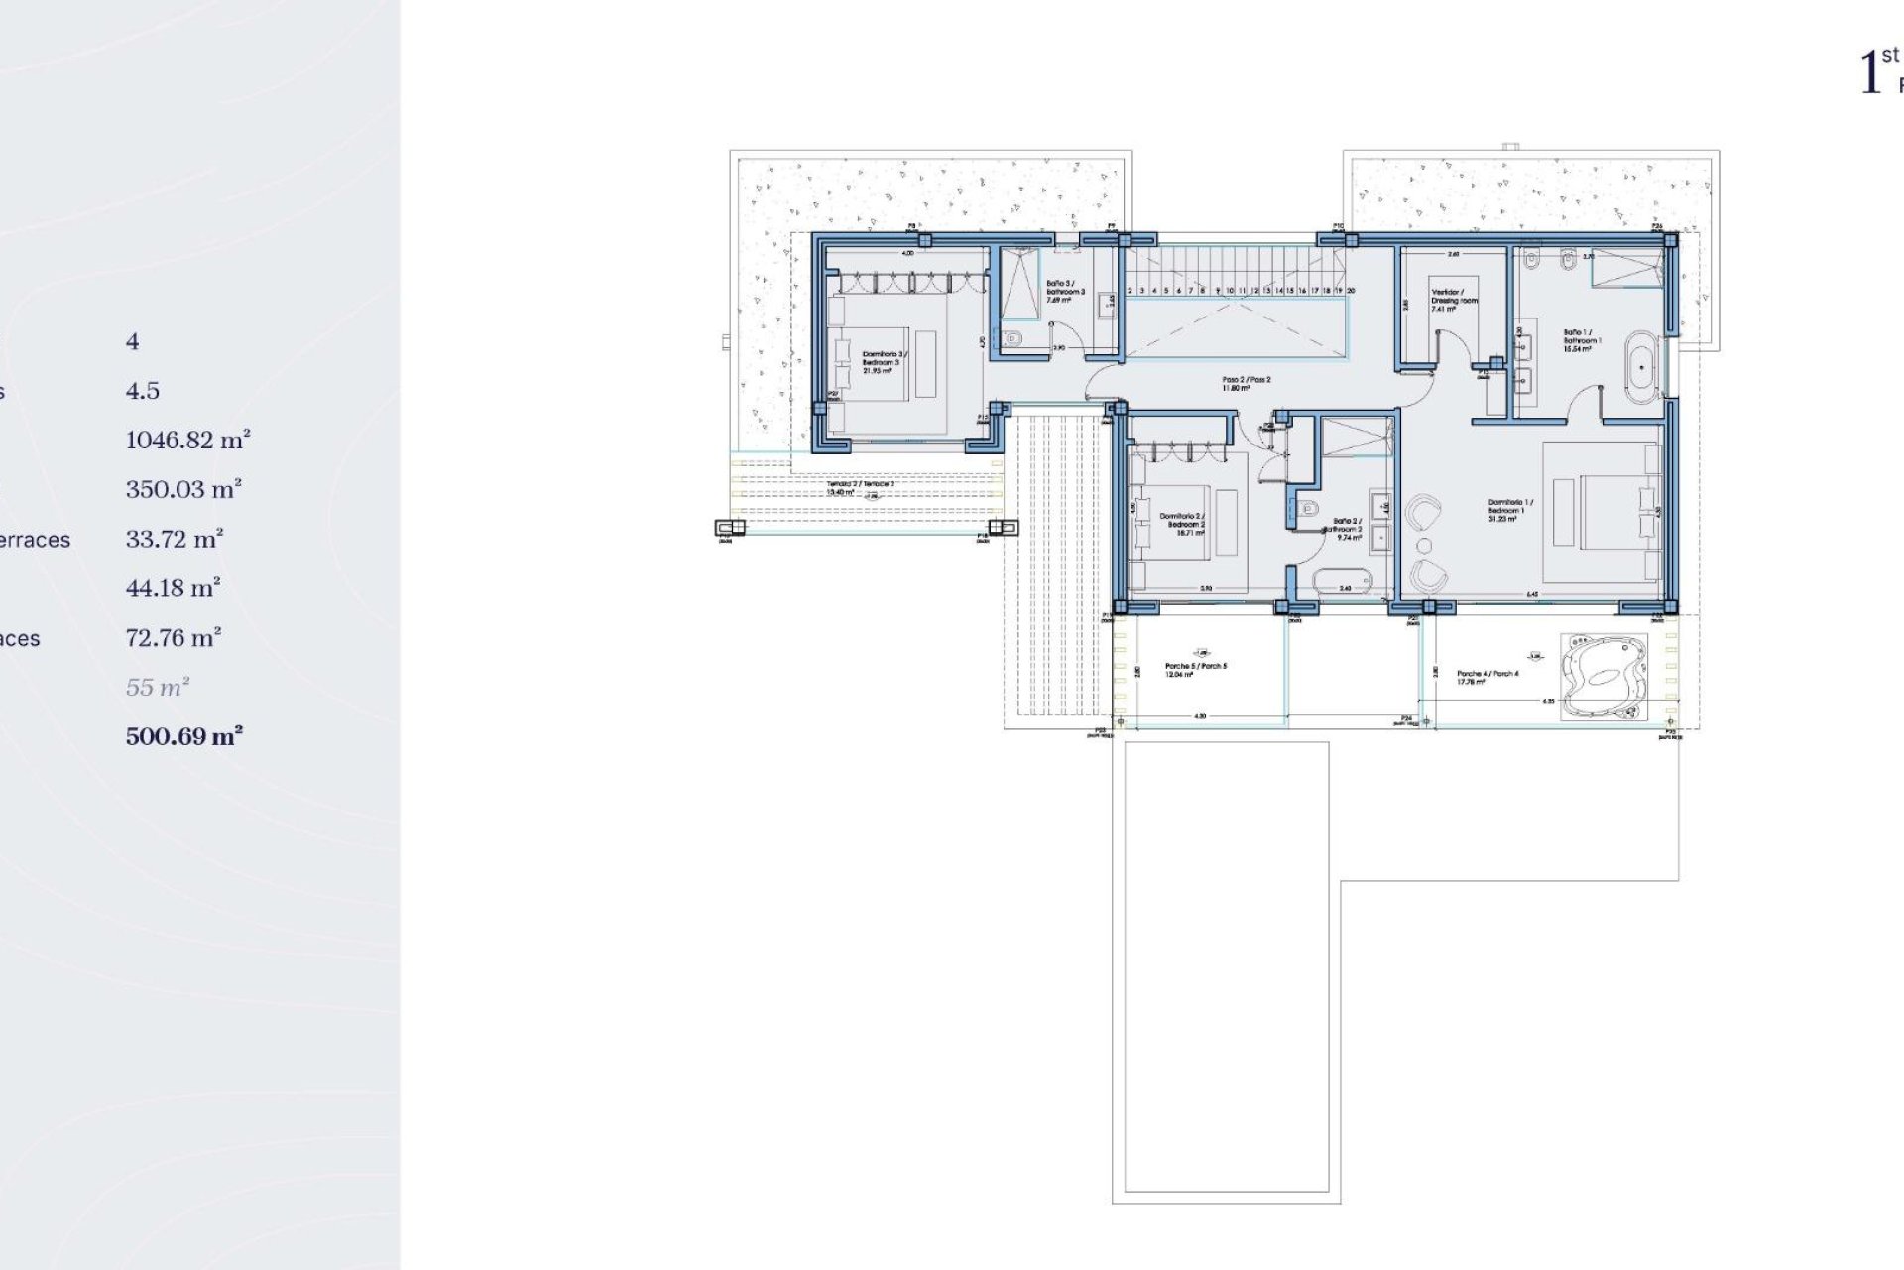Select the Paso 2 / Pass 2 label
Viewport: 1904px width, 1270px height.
point(1246,383)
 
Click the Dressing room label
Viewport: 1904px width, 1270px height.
point(1454,300)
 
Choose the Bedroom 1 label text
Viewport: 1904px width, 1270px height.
point(1510,509)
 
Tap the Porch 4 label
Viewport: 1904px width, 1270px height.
point(1487,677)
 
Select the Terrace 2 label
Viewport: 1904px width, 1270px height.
point(860,487)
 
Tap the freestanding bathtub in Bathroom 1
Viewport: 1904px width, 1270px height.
point(1643,368)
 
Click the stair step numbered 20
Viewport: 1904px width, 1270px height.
point(1351,291)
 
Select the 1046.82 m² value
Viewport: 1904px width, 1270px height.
point(187,440)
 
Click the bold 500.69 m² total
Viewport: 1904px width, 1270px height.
point(184,736)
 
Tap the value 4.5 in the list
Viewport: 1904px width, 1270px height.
point(143,391)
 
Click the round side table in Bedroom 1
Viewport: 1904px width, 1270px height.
point(1424,546)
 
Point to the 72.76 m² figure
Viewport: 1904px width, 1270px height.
point(173,637)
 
